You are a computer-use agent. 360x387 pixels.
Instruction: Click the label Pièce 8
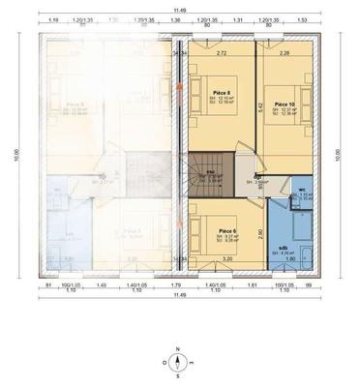coord(220,93)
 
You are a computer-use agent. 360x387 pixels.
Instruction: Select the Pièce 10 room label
coord(284,102)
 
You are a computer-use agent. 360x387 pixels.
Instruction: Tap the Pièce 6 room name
coord(227,230)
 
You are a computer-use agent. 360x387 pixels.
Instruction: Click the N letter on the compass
coord(178,347)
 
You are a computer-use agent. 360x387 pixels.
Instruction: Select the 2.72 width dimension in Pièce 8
coord(222,53)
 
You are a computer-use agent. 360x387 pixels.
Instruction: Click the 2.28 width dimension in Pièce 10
coord(284,53)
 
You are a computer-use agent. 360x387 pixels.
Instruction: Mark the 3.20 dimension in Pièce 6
coord(226,259)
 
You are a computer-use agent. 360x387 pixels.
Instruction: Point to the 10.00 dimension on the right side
coord(338,155)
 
